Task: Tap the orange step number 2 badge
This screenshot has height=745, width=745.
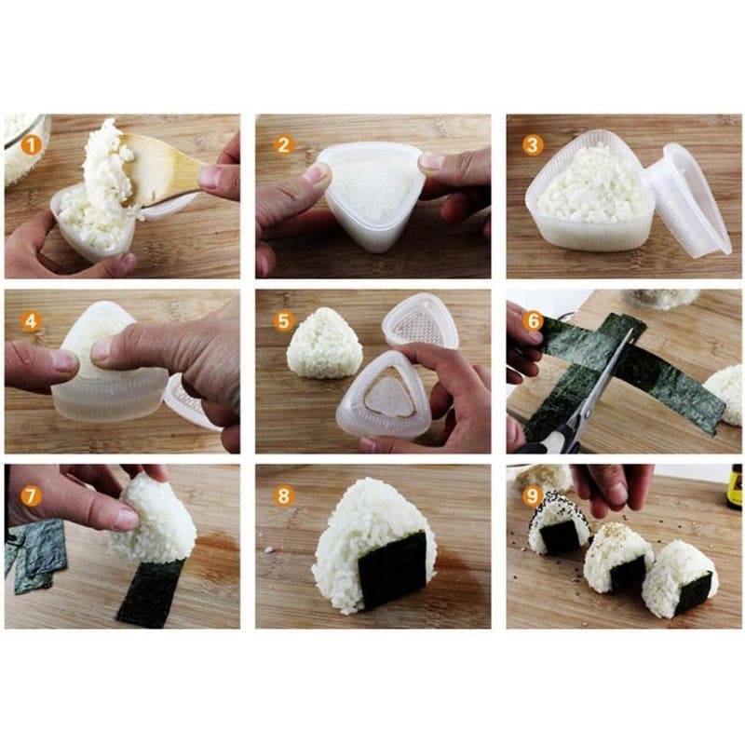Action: pyautogui.click(x=284, y=144)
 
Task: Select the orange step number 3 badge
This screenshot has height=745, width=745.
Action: pyautogui.click(x=533, y=144)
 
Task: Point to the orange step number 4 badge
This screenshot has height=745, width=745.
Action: pyautogui.click(x=32, y=321)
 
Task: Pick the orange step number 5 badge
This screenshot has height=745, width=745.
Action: pyautogui.click(x=284, y=320)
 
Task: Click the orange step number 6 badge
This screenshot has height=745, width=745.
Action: pyautogui.click(x=533, y=319)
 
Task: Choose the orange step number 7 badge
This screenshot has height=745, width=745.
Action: pyautogui.click(x=32, y=495)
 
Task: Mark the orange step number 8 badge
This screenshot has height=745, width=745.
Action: pyautogui.click(x=284, y=495)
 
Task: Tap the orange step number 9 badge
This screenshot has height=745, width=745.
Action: pyautogui.click(x=533, y=495)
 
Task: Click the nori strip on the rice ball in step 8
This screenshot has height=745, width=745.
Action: pyautogui.click(x=392, y=568)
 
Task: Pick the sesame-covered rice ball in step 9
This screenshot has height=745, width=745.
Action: pyautogui.click(x=557, y=521)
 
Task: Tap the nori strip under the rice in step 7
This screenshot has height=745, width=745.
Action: pyautogui.click(x=149, y=591)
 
